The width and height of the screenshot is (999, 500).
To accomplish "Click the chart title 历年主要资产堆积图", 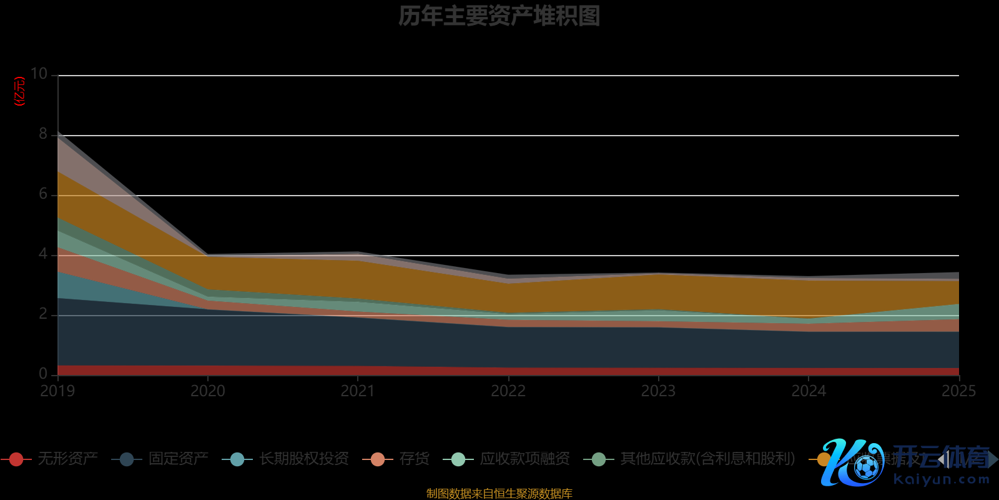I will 499,16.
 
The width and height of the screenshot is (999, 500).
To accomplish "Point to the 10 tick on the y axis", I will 39,74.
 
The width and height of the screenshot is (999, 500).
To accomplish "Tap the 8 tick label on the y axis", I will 43,134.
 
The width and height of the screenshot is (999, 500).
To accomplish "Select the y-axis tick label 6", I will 43,194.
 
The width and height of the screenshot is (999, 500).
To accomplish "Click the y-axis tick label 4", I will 43,254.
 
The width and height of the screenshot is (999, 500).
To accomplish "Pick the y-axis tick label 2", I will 43,314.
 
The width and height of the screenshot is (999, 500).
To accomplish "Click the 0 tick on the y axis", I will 43,374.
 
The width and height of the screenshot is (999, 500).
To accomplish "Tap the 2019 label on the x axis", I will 57,391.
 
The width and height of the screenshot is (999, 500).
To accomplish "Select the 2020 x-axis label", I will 208,391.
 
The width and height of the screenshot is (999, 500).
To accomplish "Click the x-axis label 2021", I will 358,391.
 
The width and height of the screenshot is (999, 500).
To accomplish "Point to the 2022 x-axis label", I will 508,391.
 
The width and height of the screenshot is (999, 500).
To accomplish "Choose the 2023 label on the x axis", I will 658,391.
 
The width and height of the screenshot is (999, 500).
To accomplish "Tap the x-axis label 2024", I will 809,391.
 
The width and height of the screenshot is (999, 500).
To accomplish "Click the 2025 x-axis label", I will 958,391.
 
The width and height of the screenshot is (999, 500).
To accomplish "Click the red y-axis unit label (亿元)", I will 20,91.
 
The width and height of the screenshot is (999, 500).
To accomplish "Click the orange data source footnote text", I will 499,494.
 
